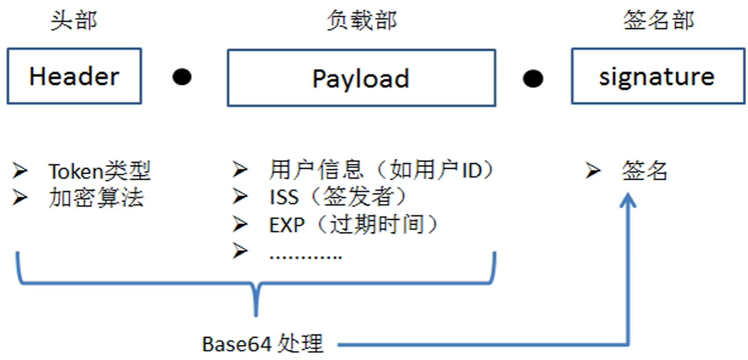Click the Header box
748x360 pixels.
[74, 76]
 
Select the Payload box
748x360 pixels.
[361, 77]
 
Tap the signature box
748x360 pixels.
[658, 76]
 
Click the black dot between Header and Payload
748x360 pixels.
[182, 77]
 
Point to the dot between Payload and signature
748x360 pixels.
[533, 78]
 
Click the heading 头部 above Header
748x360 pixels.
[74, 21]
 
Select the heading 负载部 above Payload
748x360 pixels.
[361, 21]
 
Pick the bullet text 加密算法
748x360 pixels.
[96, 198]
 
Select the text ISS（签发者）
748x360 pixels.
[339, 197]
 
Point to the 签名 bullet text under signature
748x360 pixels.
[645, 170]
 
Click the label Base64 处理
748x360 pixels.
[263, 344]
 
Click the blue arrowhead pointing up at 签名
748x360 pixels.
[628, 200]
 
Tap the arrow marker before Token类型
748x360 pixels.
[21, 170]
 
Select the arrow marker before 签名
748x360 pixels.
[593, 170]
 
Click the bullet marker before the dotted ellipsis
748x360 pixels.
[240, 251]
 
